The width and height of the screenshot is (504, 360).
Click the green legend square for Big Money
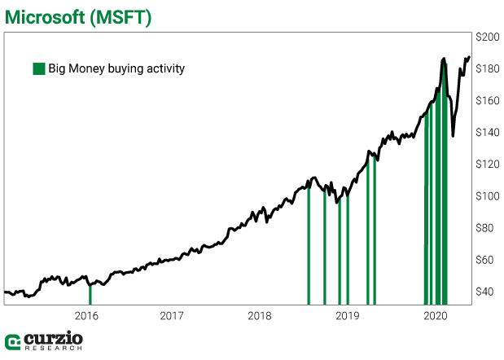38,69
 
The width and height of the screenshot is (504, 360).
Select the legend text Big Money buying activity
116,69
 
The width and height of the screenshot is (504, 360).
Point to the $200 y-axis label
487,37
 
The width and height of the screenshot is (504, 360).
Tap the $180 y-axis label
487,69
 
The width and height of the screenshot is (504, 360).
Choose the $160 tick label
487,101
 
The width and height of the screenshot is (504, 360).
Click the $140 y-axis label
487,133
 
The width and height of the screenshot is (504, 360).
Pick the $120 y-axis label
487,165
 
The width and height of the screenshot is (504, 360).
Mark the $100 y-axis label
487,196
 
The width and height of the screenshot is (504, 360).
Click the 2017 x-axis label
172,315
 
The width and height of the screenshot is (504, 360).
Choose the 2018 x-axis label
260,315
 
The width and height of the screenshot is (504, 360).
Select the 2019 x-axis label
348,315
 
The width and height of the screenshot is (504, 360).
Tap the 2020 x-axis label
436,315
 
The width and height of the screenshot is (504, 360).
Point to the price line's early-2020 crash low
453,135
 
